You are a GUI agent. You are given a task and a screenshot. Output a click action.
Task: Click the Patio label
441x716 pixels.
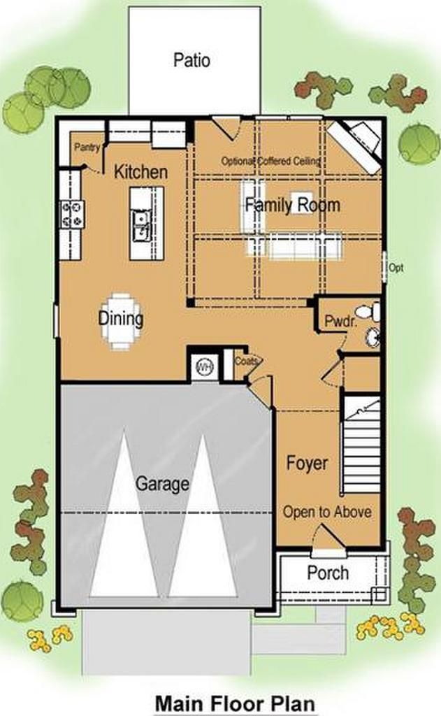[191, 60]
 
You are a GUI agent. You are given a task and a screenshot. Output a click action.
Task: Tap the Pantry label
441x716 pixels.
[87, 147]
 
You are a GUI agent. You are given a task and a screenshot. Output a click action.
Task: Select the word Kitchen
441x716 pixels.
[140, 172]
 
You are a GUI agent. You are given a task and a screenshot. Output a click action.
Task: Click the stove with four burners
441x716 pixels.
[73, 214]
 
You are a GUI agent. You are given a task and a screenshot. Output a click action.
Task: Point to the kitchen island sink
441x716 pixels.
[141, 226]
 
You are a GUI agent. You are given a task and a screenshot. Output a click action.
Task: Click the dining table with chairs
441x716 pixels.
[121, 321]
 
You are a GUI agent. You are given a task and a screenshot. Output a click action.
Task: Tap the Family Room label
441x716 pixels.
[293, 205]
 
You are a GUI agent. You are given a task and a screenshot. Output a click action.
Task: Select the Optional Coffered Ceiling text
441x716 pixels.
[271, 161]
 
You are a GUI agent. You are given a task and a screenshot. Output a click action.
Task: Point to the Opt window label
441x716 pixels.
[396, 268]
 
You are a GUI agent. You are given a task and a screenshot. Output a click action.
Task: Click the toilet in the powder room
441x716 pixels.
[368, 311]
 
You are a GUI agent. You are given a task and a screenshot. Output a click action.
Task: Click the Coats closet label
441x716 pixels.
[247, 361]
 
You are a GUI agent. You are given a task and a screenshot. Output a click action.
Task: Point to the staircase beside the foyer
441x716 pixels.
[361, 445]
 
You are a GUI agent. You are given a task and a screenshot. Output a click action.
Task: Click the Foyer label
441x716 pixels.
[308, 463]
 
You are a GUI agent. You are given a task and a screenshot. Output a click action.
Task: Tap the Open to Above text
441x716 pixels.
[327, 511]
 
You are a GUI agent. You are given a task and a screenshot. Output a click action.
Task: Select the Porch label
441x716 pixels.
[328, 572]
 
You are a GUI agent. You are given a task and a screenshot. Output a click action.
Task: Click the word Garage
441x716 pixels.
[163, 484]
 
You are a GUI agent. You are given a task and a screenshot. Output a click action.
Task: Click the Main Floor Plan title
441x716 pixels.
[236, 703]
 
